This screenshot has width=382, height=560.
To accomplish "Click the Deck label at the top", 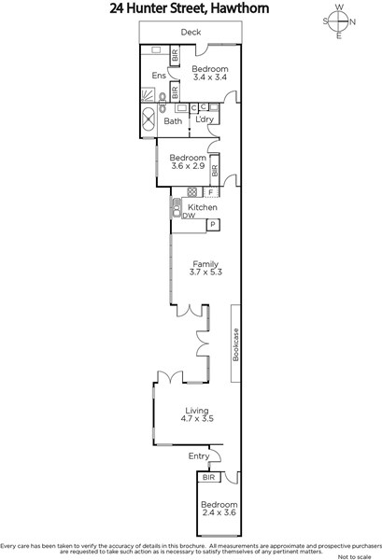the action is pyautogui.click(x=191, y=32).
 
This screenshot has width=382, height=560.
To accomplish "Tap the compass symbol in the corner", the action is pyautogui.click(x=339, y=21).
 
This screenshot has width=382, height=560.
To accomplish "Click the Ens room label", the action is pyautogui.click(x=159, y=76).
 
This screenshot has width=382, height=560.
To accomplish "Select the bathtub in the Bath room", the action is pyautogui.click(x=149, y=119).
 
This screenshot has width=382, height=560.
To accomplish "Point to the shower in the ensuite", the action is pyautogui.click(x=149, y=95).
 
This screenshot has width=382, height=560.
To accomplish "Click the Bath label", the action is pyautogui.click(x=173, y=121).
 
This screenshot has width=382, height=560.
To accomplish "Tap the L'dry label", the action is pyautogui.click(x=205, y=119).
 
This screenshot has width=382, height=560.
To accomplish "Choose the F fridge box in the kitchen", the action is pyautogui.click(x=211, y=192).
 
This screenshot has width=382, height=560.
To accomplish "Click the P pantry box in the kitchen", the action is pyautogui.click(x=213, y=225).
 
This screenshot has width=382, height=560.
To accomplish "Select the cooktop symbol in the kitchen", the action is pyautogui.click(x=192, y=191).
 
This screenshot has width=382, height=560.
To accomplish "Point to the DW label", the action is pyautogui.click(x=189, y=216).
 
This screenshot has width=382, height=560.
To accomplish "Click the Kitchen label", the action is pyautogui.click(x=203, y=207).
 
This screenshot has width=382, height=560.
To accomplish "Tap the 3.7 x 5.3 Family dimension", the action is pyautogui.click(x=205, y=272).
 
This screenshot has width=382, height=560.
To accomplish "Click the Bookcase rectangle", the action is pyautogui.click(x=235, y=343).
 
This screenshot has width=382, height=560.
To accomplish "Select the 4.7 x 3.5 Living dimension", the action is pyautogui.click(x=197, y=418).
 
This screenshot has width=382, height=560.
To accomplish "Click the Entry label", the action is pyautogui.click(x=199, y=456).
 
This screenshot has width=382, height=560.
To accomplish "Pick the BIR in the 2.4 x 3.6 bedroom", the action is pyautogui.click(x=208, y=477).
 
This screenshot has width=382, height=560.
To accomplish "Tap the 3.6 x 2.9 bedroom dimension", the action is pyautogui.click(x=188, y=166).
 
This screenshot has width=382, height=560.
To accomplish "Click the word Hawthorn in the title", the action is pyautogui.click(x=239, y=8).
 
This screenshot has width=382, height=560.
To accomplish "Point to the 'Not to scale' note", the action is pyautogui.click(x=354, y=557).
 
